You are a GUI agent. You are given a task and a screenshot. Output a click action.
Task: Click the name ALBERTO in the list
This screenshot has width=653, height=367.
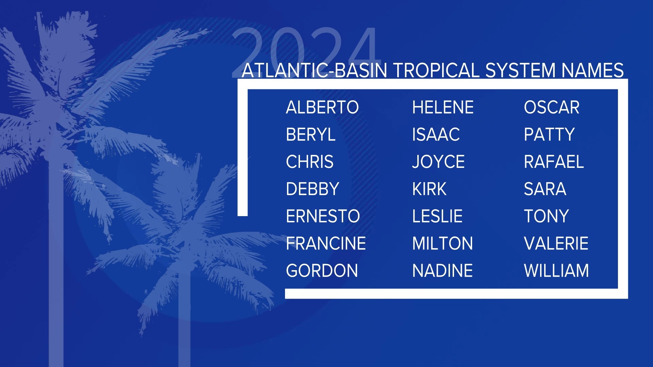pyautogui.click(x=322, y=107)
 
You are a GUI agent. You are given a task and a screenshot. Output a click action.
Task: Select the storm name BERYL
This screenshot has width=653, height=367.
pyautogui.click(x=311, y=135)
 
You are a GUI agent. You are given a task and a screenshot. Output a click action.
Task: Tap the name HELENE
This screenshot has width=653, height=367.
pyautogui.click(x=442, y=107)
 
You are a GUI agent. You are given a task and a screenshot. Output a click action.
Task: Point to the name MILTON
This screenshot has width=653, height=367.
pyautogui.click(x=442, y=243)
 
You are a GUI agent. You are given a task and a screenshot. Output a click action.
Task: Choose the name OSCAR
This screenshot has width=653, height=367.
pyautogui.click(x=551, y=107)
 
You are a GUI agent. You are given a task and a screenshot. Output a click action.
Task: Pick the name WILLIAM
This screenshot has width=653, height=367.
pyautogui.click(x=556, y=270)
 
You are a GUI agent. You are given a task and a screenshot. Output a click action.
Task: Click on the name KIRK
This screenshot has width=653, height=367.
pyautogui.click(x=429, y=189)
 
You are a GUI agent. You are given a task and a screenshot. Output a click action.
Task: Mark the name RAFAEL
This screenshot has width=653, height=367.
pyautogui.click(x=553, y=162)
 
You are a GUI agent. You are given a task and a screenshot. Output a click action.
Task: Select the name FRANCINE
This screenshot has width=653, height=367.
pyautogui.click(x=326, y=243)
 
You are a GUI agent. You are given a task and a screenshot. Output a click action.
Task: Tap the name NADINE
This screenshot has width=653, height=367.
pyautogui.click(x=442, y=270)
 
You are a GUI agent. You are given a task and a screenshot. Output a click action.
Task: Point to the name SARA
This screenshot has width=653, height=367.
pyautogui.click(x=545, y=189)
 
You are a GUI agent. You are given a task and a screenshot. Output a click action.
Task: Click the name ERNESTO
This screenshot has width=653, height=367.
pyautogui.click(x=323, y=216)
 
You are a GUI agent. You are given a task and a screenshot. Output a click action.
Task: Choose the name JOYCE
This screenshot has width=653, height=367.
pyautogui.click(x=438, y=162)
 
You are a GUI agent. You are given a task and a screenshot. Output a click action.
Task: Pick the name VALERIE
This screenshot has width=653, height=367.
pyautogui.click(x=556, y=243)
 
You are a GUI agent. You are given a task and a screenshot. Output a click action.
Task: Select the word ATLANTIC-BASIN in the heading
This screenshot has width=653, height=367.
pyautogui.click(x=314, y=70)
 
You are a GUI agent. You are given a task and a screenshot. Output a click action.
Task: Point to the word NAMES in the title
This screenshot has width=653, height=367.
pyautogui.click(x=592, y=70)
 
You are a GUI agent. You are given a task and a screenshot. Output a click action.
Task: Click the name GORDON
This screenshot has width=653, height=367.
pyautogui.click(x=322, y=270)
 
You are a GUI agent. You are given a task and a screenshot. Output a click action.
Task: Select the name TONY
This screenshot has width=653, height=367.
pyautogui.click(x=546, y=216)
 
